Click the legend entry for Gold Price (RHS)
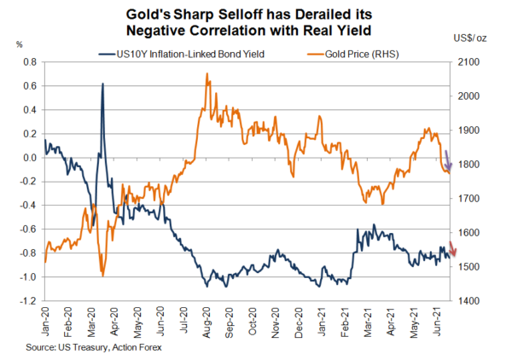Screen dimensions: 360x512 (358, 53)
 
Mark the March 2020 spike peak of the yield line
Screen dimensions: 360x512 (102, 84)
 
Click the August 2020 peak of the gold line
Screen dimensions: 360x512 (207, 74)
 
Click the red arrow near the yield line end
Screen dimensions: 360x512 (453, 250)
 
